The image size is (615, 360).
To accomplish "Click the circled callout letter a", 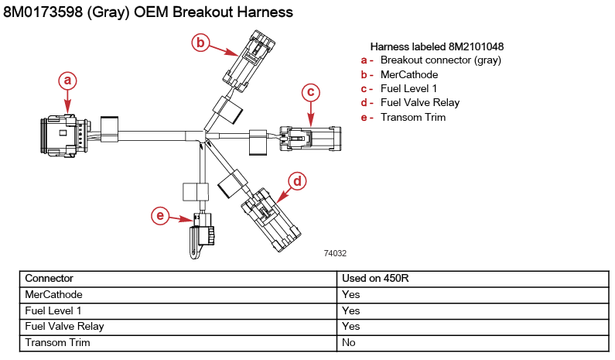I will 68,81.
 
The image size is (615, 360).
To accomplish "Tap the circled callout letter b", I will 200,43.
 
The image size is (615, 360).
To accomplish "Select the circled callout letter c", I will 310,92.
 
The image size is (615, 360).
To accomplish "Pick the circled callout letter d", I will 297,181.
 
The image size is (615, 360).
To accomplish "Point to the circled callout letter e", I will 160,216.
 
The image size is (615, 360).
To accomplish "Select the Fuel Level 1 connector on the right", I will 309,139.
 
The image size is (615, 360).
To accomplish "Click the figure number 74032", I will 334,253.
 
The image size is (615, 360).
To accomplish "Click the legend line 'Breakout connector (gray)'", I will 440,60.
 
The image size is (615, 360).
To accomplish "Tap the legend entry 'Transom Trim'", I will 413,117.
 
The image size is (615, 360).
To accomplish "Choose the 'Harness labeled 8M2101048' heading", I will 437,46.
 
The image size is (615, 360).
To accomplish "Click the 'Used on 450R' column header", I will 376,278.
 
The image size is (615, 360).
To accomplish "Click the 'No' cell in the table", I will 349,342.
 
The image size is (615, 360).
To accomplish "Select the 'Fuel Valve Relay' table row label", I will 64,326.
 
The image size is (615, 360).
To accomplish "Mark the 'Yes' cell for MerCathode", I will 350,294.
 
